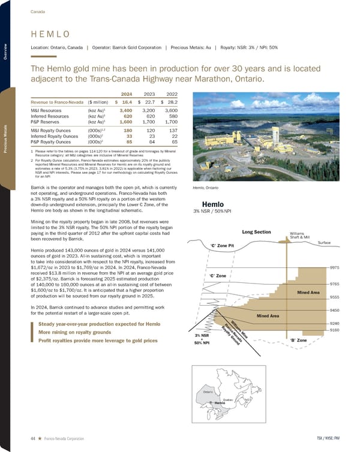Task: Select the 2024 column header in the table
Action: pos(126,94)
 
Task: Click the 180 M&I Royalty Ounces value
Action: pos(127,129)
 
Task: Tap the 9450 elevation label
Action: pos(337,311)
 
